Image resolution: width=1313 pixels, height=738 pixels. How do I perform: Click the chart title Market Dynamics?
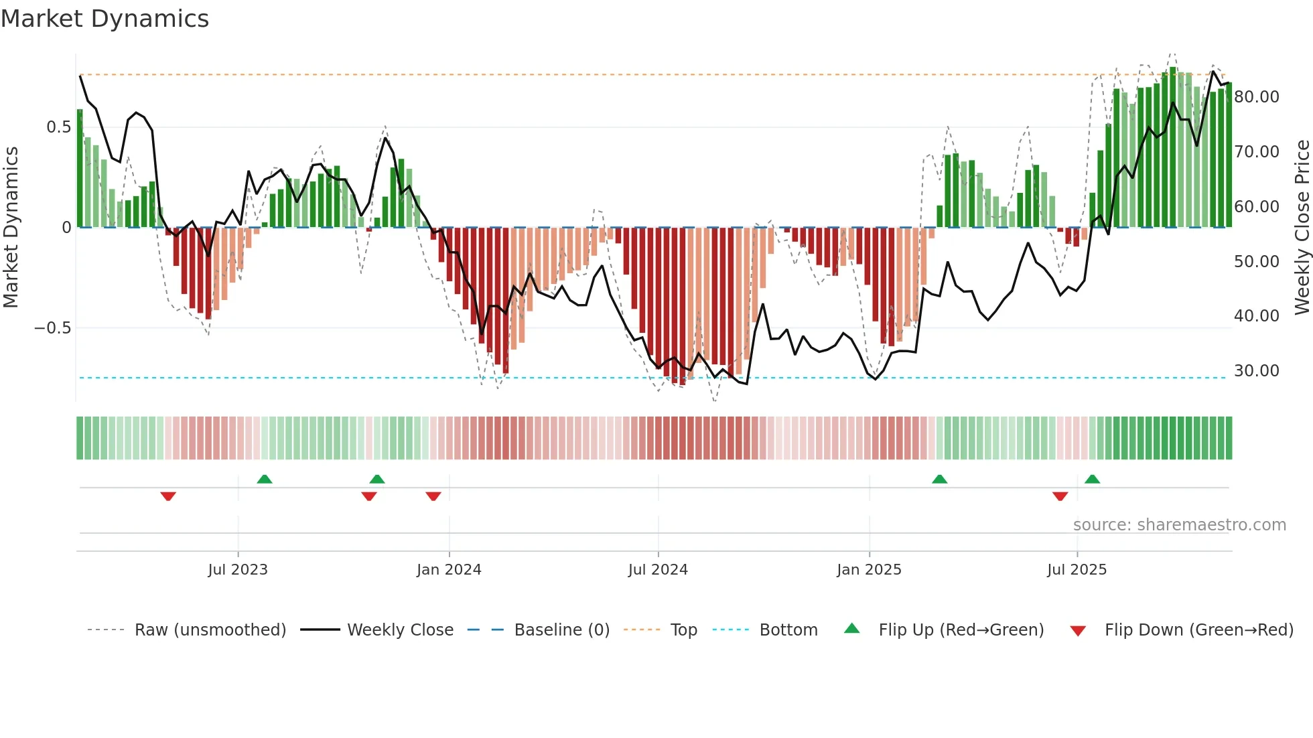[105, 19]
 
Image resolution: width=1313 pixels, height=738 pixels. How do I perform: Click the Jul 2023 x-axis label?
[237, 570]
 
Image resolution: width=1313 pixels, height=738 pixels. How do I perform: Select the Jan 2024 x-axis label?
[449, 570]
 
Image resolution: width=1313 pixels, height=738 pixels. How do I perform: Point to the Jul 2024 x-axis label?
[658, 570]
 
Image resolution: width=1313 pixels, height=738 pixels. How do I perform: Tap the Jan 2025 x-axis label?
[869, 570]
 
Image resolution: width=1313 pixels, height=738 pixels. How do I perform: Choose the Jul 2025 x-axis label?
[1077, 570]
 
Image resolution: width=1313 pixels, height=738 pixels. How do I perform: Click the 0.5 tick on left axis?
[59, 127]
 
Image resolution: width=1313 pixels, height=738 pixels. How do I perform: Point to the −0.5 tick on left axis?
[53, 328]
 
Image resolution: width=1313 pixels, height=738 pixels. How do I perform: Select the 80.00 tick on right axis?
[1257, 97]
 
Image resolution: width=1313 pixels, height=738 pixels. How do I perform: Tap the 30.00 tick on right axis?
[1257, 371]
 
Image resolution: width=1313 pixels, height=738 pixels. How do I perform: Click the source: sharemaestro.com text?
[1179, 525]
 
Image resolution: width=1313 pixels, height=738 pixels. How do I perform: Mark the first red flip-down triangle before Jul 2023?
[168, 496]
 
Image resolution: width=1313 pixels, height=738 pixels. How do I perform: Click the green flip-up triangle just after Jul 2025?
[1092, 479]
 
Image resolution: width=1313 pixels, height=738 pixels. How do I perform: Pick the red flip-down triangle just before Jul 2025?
[1060, 496]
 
